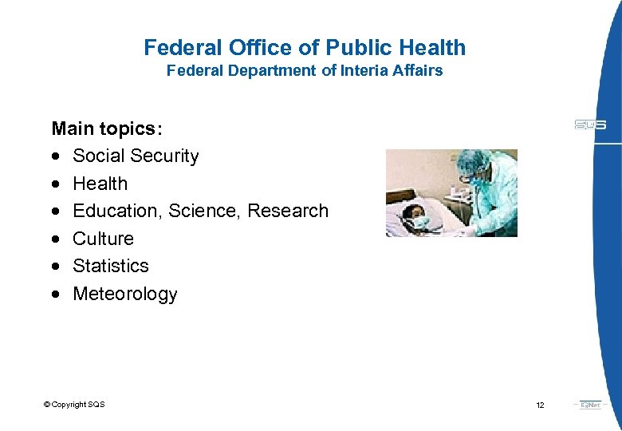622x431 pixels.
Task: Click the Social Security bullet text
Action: (136, 156)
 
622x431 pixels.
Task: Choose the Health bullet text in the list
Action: (100, 184)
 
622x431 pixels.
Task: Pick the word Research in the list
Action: (288, 211)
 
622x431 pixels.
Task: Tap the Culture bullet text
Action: (103, 239)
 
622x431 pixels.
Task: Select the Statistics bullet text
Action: (111, 266)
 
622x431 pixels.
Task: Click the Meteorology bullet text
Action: (125, 294)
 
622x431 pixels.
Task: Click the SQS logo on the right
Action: (590, 125)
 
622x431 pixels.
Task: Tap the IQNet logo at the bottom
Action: (591, 405)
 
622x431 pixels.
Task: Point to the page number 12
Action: (540, 405)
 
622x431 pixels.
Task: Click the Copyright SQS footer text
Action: (74, 405)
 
